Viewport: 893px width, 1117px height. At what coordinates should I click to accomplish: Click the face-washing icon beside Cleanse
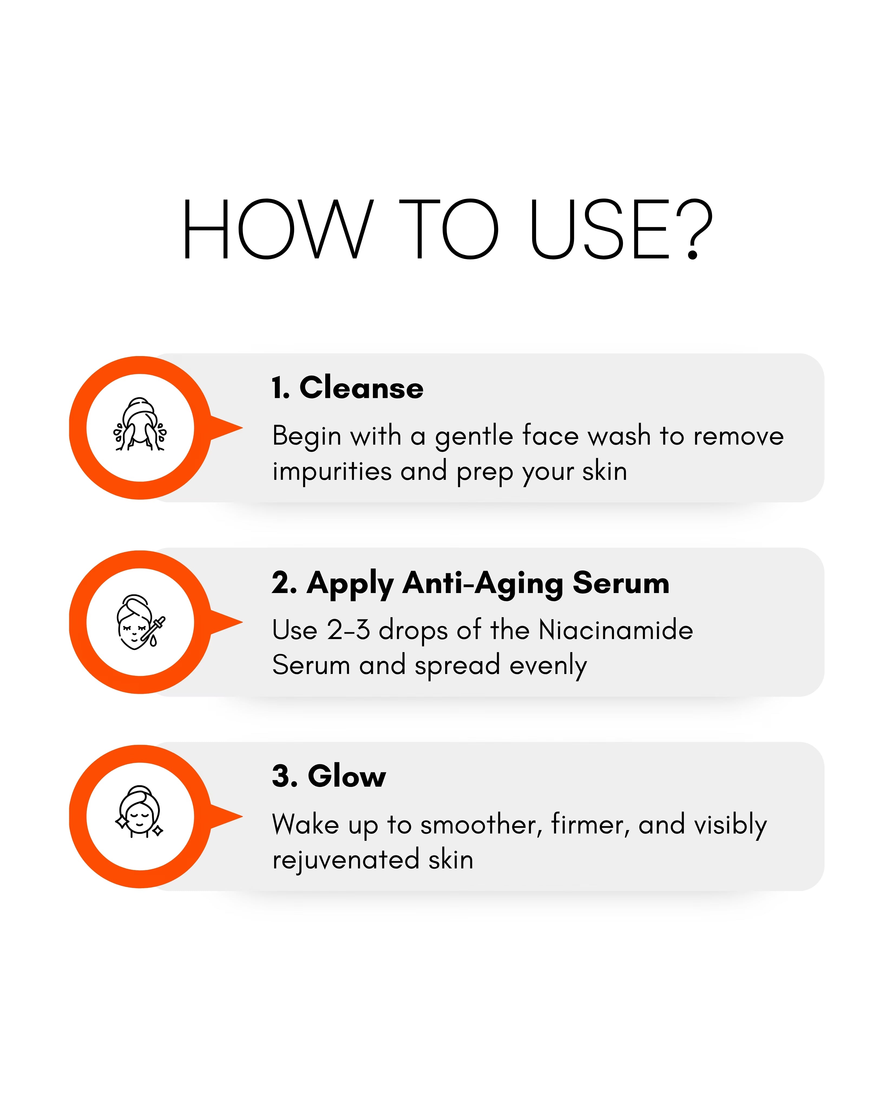click(140, 425)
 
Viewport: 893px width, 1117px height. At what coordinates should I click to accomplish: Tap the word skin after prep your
click(604, 471)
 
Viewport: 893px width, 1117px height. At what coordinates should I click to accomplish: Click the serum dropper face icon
click(140, 622)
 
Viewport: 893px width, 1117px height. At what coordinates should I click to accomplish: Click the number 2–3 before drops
click(348, 630)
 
